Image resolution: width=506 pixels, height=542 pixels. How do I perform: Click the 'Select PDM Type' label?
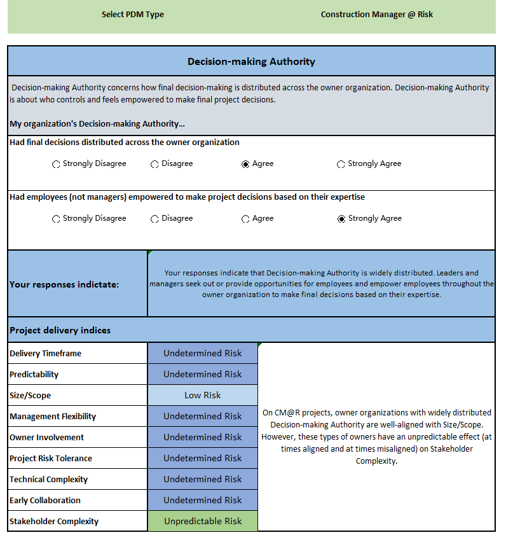tap(132, 15)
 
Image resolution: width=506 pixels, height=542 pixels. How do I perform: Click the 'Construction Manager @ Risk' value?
tap(376, 15)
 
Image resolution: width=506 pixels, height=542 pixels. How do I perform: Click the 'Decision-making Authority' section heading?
tap(251, 62)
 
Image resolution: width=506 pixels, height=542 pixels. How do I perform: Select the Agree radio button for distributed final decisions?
tap(245, 164)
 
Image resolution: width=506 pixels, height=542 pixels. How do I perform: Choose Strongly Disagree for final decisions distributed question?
tap(56, 164)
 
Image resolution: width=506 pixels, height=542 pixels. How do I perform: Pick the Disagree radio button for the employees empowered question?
tap(154, 219)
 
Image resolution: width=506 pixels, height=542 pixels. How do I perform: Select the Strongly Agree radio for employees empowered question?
tap(341, 219)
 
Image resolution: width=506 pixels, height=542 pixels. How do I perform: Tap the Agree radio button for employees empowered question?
tap(245, 219)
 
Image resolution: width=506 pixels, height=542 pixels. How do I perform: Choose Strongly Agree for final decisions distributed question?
tap(341, 164)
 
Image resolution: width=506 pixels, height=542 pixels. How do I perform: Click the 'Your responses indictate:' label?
tap(64, 284)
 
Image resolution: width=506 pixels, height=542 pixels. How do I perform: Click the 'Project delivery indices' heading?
tap(60, 330)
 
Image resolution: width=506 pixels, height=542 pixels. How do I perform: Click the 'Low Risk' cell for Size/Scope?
tap(202, 395)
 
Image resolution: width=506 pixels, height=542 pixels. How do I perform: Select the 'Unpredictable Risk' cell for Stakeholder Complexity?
tap(202, 521)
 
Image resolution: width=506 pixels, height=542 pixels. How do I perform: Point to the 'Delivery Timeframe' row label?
tap(45, 353)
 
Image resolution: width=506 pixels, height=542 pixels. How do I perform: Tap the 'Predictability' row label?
tap(34, 374)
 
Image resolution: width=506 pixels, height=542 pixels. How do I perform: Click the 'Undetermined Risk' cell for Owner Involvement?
tap(202, 437)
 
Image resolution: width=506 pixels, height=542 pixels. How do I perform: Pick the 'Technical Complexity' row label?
tap(48, 479)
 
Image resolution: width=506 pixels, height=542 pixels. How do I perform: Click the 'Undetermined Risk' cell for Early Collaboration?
tap(202, 500)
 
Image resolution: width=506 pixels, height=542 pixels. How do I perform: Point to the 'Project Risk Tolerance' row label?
tap(51, 458)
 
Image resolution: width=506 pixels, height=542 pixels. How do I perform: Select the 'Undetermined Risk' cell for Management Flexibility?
tap(202, 416)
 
